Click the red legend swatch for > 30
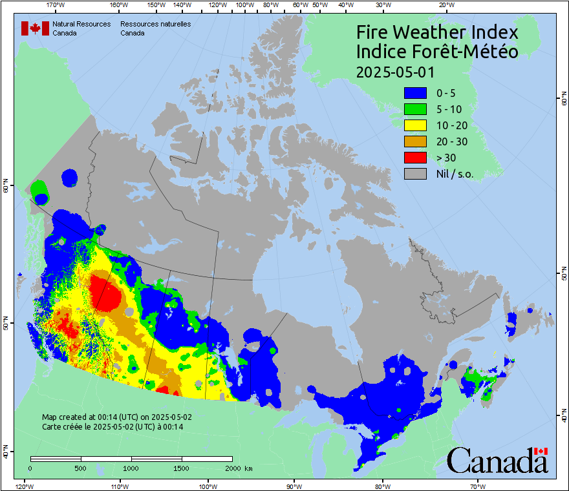click(415, 157)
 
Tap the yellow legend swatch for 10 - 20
click(415, 125)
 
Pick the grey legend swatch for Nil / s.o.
click(415, 173)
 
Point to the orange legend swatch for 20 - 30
click(415, 141)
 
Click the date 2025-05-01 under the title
click(395, 72)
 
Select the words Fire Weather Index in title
click(437, 33)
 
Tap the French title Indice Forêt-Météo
click(437, 52)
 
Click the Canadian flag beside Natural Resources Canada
click(36, 28)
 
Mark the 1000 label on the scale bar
click(131, 467)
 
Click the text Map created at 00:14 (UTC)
click(117, 417)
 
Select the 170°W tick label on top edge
click(56, 5)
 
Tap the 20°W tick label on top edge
click(445, 5)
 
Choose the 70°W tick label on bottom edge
click(477, 486)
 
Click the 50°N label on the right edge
click(563, 275)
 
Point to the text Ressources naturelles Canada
click(155, 28)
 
